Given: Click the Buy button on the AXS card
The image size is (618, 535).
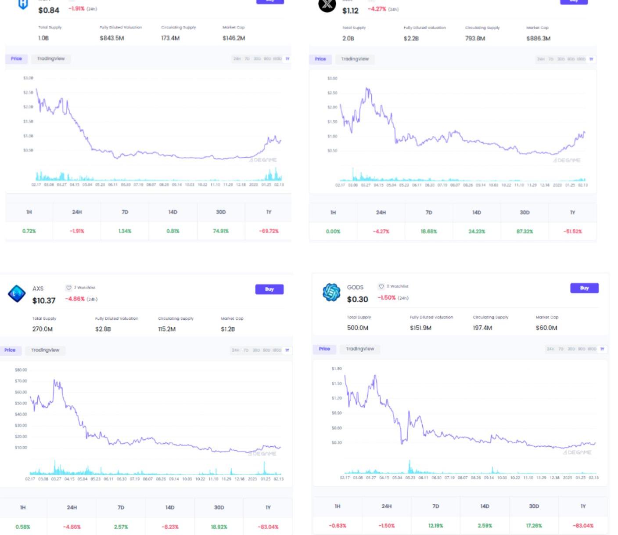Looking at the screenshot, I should (x=269, y=289).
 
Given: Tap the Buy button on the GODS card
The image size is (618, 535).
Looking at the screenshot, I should (x=584, y=288).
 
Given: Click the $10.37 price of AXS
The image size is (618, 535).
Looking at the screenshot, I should (x=44, y=300).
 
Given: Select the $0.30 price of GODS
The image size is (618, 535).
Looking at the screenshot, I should (x=357, y=299).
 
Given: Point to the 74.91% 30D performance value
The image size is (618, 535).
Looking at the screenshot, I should (x=221, y=231).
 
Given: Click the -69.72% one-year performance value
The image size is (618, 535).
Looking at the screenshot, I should (x=269, y=231).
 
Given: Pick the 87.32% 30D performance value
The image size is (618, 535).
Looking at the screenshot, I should (x=525, y=231).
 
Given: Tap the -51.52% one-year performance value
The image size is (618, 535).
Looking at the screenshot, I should (x=572, y=231).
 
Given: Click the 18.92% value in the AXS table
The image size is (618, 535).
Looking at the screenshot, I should (x=219, y=527).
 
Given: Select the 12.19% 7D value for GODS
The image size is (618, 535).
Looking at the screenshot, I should (x=435, y=525).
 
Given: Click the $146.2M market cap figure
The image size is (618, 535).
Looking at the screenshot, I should (x=234, y=38).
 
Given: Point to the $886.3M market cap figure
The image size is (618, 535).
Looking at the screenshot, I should (x=538, y=39).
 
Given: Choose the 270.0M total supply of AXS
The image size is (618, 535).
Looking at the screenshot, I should (x=43, y=329).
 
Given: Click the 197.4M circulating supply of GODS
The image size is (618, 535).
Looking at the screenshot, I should (x=482, y=328).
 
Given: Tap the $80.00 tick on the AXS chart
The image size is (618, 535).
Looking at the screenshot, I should (x=21, y=370).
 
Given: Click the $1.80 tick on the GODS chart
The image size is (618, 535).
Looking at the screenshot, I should (x=336, y=369).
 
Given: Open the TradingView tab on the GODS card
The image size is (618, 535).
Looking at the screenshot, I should (x=360, y=349).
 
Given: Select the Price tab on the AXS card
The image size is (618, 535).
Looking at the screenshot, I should (x=10, y=350).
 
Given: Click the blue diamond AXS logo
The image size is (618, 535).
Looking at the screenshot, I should (x=17, y=294).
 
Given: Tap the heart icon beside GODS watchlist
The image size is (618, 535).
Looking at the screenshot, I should (x=381, y=286).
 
